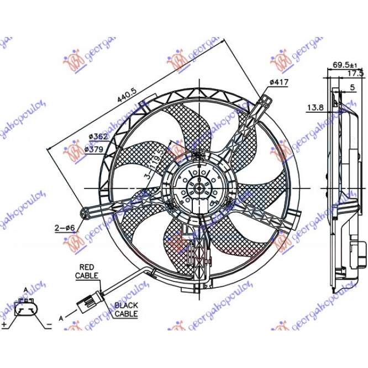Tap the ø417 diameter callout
point(279,82)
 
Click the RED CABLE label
point(87,271)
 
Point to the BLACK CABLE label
point(126,309)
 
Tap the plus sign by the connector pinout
point(4,324)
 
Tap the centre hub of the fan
point(197,189)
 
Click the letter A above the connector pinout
point(25,290)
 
